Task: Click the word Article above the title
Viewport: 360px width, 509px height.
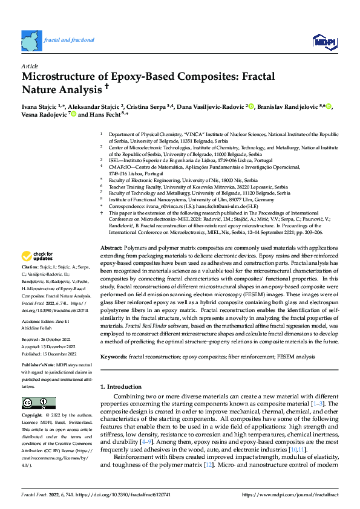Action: (30, 65)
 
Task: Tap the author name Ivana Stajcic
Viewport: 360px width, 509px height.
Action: (41, 106)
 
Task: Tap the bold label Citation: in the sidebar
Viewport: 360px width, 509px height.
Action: (31, 283)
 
